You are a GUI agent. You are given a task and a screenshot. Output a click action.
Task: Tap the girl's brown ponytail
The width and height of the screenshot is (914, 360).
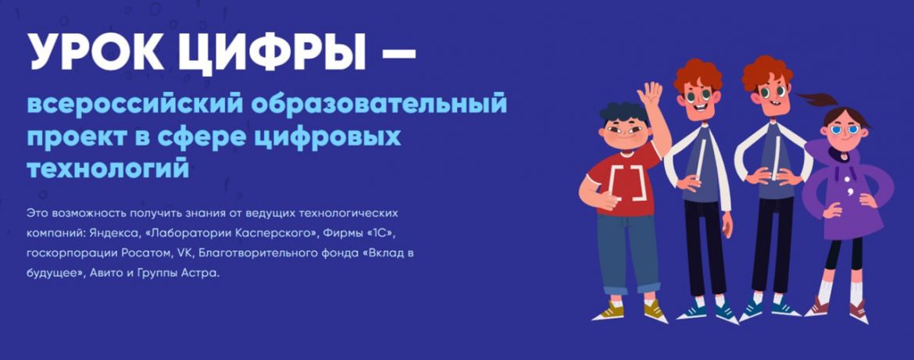point(819,100)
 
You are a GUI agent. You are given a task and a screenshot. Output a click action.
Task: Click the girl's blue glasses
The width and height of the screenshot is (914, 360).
point(844,130)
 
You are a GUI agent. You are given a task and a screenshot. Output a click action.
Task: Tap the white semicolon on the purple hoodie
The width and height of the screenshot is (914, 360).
point(852,191)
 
